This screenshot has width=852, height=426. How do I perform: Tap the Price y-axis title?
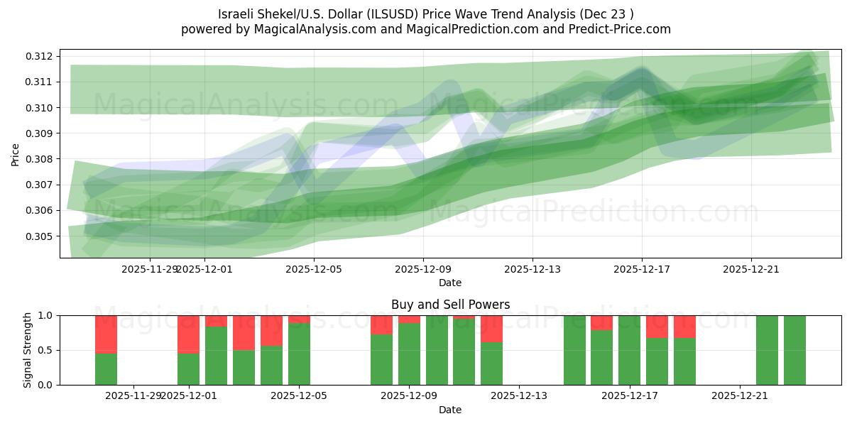[16, 154]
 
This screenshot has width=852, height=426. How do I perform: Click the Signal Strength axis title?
[28, 350]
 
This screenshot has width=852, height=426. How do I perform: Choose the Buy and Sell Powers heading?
[450, 305]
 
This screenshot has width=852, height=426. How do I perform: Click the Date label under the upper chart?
[450, 283]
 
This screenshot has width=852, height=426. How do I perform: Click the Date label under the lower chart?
[450, 410]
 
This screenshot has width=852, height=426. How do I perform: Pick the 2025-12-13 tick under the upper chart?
[532, 269]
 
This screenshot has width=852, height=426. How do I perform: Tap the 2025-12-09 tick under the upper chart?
[423, 269]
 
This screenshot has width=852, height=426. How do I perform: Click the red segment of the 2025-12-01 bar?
[188, 334]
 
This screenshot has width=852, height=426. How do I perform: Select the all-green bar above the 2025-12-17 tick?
[629, 350]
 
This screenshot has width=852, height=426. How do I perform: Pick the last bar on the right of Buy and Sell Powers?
[794, 350]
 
